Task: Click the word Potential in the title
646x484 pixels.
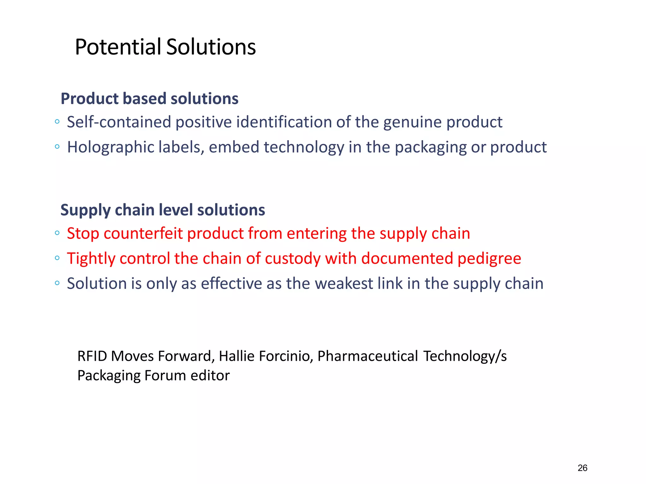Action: (118, 47)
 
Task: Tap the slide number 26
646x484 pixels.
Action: (582, 468)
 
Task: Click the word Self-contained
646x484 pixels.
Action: (119, 122)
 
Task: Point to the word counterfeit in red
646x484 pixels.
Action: (143, 233)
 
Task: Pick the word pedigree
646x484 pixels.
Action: (489, 259)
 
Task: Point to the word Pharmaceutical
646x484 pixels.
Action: (367, 356)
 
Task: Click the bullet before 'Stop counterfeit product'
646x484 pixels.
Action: (57, 233)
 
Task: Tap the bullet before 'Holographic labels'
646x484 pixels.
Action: (57, 147)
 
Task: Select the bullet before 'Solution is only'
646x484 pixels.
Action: (57, 283)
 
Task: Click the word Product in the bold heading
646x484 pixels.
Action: (89, 99)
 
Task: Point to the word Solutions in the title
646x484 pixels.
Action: (211, 47)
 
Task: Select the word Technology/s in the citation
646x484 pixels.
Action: (465, 356)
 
